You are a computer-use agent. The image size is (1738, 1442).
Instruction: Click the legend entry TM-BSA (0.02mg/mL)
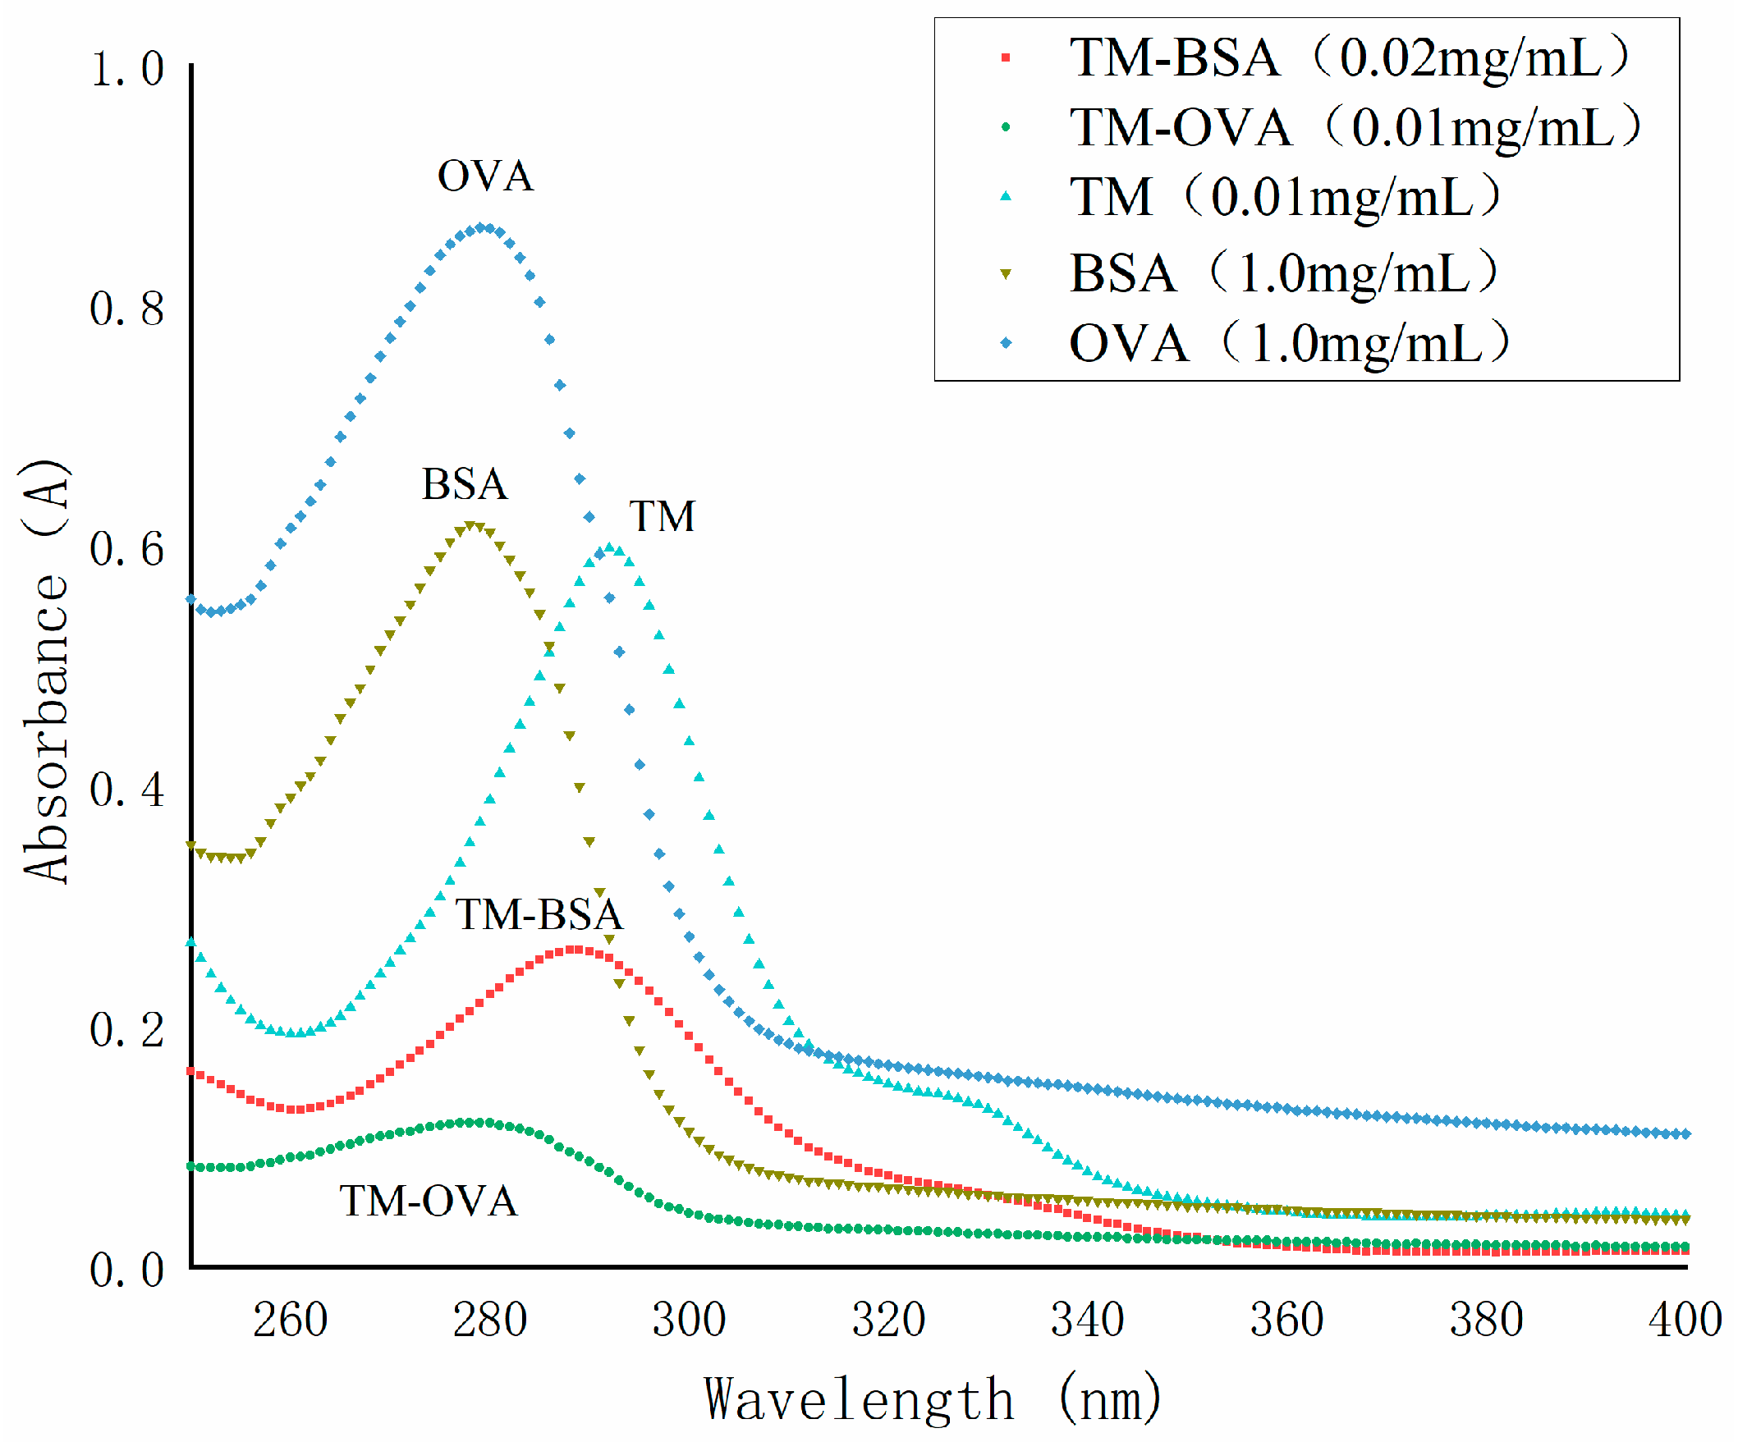tap(1349, 58)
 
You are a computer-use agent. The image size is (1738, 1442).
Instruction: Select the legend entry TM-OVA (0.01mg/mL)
tap(1355, 127)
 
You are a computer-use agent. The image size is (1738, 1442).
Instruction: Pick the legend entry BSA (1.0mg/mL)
tap(1284, 273)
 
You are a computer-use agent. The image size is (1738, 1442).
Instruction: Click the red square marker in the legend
tap(1006, 58)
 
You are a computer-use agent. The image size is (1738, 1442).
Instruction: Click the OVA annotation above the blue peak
tap(486, 176)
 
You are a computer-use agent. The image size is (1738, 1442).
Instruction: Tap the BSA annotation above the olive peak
tap(465, 484)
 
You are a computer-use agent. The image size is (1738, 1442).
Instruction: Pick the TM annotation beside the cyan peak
tap(662, 516)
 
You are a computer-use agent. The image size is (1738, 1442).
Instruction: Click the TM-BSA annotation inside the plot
tap(539, 914)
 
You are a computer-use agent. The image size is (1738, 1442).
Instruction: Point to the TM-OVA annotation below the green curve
tap(429, 1201)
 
